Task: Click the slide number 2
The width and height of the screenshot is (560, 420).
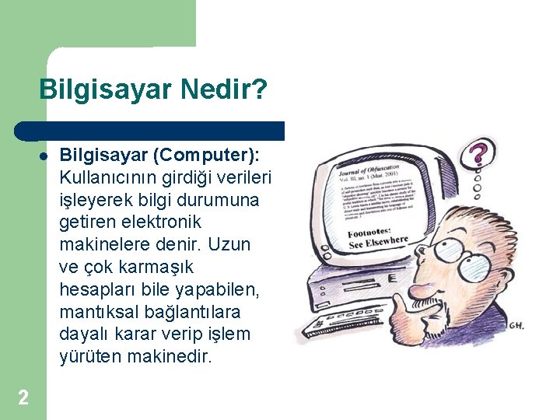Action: tap(23, 398)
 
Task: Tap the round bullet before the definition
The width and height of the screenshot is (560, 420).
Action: tap(44, 155)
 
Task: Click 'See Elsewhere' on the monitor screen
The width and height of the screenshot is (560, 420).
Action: tap(379, 243)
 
